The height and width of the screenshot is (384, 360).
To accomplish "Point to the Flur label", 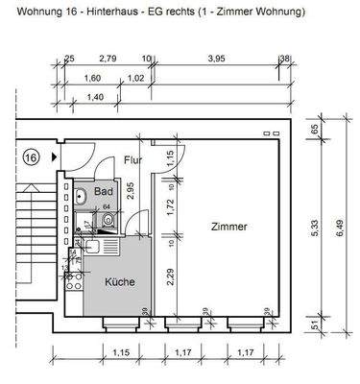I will coord(132,160).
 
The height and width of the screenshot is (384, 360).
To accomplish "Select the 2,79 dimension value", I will coord(108,60).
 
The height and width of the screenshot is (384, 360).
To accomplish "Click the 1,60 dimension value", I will coord(93,79).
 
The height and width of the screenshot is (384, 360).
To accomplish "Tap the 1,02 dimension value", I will coord(136,79).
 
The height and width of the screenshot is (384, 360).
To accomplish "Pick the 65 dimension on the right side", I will coord(318,129).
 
